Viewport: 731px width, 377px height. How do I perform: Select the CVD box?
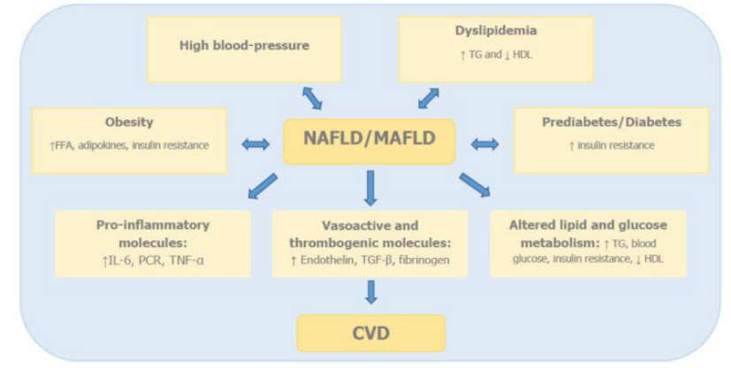click(x=369, y=333)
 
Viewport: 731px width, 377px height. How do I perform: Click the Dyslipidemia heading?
click(x=483, y=31)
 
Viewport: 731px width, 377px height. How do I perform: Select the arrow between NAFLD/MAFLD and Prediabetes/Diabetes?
click(x=485, y=144)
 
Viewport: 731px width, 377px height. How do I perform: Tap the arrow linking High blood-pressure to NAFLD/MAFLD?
click(x=312, y=96)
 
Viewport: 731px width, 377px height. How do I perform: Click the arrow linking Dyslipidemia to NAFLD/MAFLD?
click(x=428, y=96)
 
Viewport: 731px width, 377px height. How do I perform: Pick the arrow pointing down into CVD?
click(x=370, y=292)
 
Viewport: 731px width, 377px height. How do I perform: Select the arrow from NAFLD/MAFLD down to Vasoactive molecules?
click(x=370, y=186)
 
